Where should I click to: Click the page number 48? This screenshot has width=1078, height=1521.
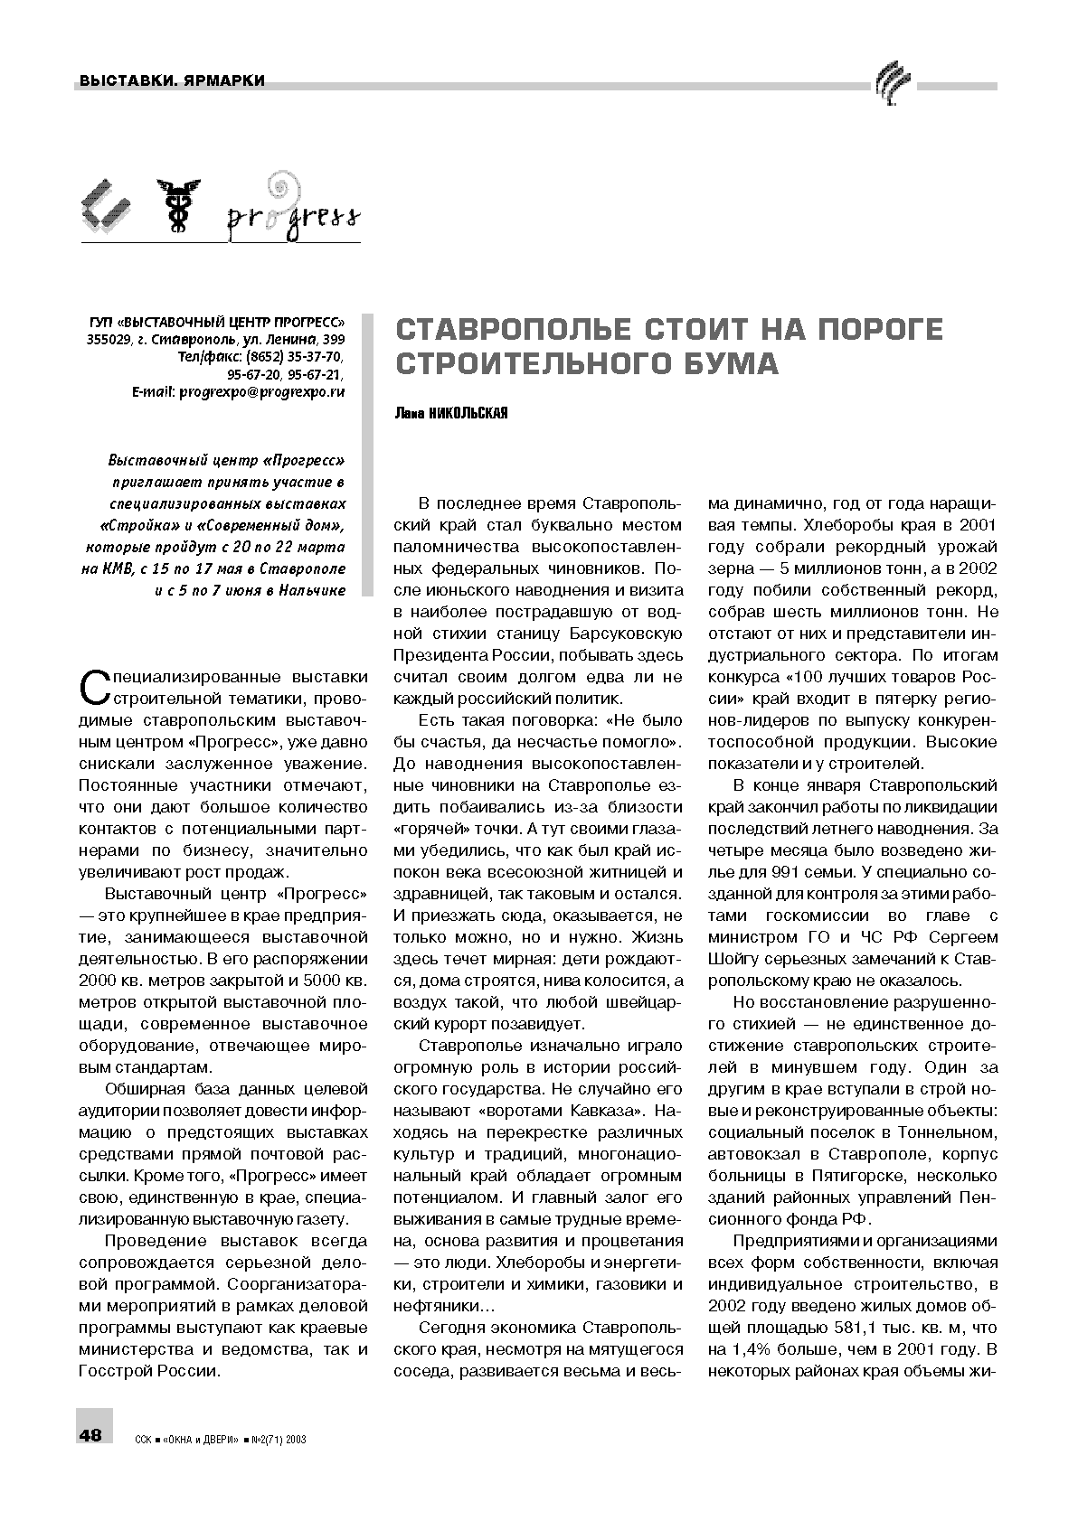coord(91,1435)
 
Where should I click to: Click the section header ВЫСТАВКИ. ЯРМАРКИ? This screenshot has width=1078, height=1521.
coord(172,81)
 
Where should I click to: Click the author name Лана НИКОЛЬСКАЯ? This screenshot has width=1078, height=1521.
coord(451,413)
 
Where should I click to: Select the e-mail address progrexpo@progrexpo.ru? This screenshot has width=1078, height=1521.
coord(262,391)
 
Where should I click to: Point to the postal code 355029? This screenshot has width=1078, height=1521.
coord(107,340)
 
